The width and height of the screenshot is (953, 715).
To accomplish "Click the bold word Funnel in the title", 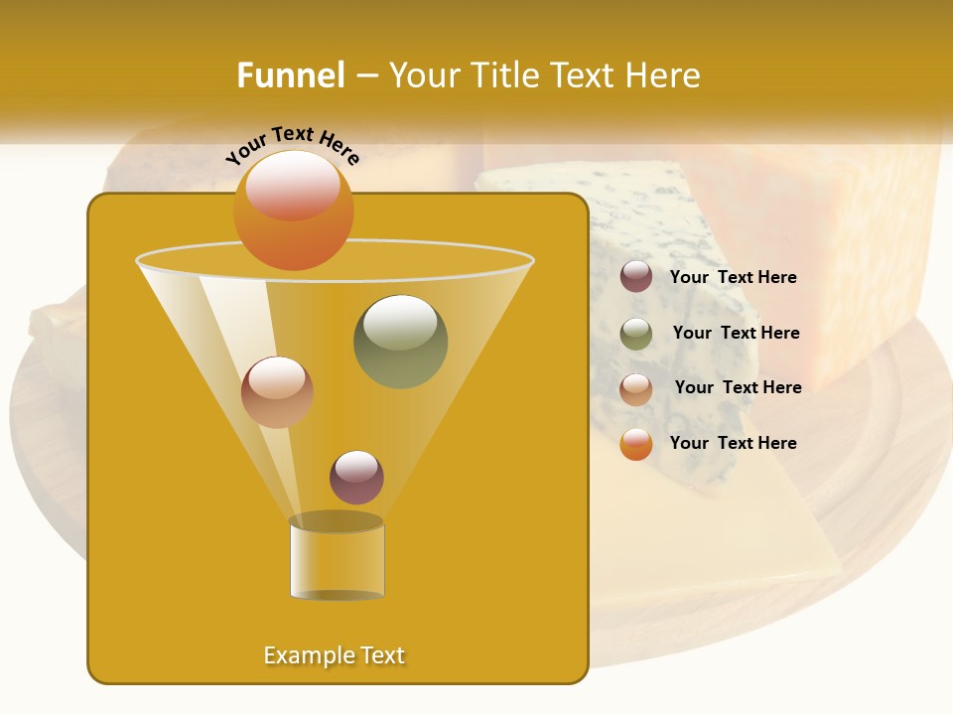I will [290, 75].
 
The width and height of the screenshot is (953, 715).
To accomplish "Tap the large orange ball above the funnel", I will [293, 210].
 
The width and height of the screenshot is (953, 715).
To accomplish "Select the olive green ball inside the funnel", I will [400, 342].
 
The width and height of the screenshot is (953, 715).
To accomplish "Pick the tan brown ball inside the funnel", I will [277, 392].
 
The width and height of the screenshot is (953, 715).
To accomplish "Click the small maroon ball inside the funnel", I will [356, 478].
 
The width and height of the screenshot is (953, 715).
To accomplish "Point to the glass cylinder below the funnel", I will [337, 557].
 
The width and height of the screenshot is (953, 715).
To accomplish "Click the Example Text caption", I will [334, 655].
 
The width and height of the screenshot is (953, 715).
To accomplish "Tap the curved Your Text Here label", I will [293, 146].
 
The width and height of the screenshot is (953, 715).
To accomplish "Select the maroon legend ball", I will [636, 277].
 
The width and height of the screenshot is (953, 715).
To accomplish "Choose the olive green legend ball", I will [636, 334].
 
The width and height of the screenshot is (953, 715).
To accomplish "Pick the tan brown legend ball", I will [636, 389].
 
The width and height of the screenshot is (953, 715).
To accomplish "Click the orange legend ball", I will [636, 444].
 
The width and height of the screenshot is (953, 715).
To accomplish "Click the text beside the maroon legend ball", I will [733, 277].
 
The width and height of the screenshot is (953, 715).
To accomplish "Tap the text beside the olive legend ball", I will [736, 333].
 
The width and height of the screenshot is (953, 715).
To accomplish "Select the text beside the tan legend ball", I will [738, 387].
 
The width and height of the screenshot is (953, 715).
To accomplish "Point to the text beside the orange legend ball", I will [733, 443].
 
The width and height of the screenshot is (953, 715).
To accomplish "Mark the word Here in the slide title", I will [663, 75].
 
